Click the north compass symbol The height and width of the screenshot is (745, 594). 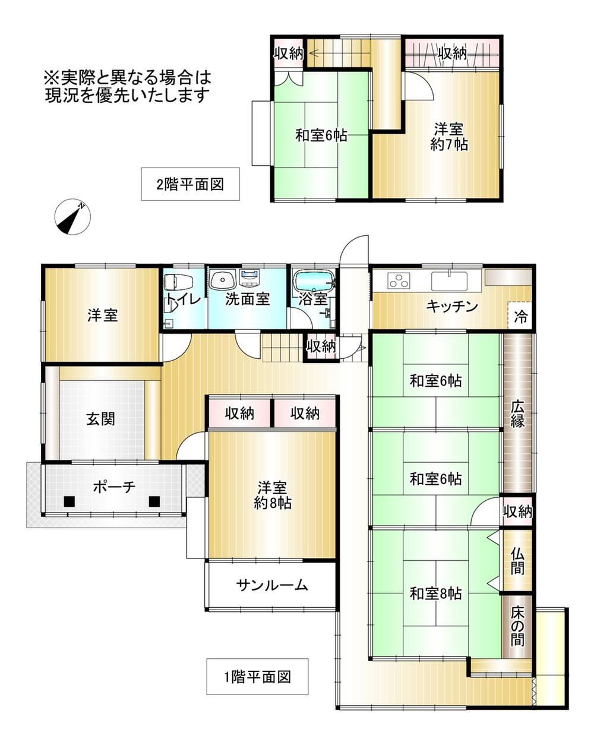pyautogui.click(x=72, y=217)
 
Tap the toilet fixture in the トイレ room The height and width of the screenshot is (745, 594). pyautogui.click(x=178, y=282)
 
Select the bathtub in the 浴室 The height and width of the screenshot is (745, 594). pyautogui.click(x=315, y=280)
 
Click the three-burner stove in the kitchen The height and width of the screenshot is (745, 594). pyautogui.click(x=399, y=280)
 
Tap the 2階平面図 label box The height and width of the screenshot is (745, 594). pyautogui.click(x=190, y=184)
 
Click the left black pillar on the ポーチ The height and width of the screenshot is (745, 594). pyautogui.click(x=69, y=501)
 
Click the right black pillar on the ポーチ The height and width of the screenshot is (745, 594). pyautogui.click(x=154, y=501)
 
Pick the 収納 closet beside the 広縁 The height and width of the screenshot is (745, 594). pyautogui.click(x=517, y=511)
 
